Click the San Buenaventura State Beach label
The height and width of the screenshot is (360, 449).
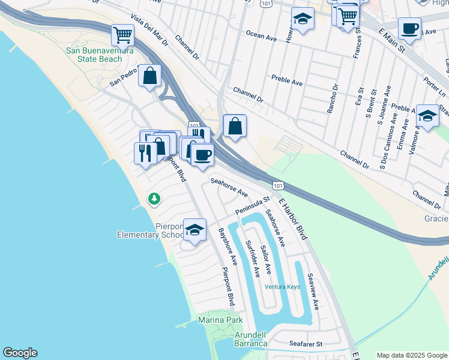tap(98, 55)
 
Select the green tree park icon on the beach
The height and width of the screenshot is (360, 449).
tap(154, 198)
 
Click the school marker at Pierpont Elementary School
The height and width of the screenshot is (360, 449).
tap(194, 230)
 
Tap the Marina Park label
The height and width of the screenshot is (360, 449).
tap(220, 320)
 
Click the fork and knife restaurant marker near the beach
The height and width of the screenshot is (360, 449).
tap(145, 153)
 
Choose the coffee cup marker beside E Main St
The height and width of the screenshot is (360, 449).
tap(409, 28)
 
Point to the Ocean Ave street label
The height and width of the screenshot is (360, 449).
tap(261, 37)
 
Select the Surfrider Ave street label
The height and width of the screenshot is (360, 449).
tap(252, 259)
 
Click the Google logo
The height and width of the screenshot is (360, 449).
tap(20, 353)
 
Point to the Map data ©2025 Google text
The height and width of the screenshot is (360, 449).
tap(412, 355)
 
